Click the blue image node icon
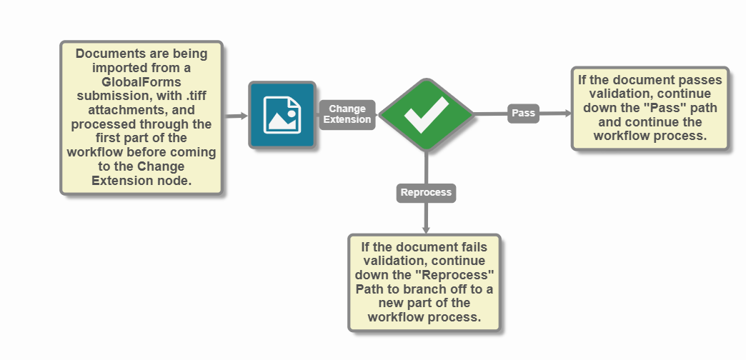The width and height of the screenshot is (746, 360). pyautogui.click(x=282, y=115)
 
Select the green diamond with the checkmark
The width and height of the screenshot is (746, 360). pyautogui.click(x=426, y=114)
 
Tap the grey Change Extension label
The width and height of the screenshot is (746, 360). pyautogui.click(x=347, y=114)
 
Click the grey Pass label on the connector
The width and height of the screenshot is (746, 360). pyautogui.click(x=523, y=113)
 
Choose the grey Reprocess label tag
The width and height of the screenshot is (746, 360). pyautogui.click(x=426, y=193)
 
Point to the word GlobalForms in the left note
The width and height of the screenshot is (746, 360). pyautogui.click(x=141, y=82)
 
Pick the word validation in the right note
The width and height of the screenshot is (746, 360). pyautogui.click(x=617, y=94)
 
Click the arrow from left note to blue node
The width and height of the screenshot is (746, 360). pyautogui.click(x=236, y=115)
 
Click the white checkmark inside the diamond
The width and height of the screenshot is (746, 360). pyautogui.click(x=426, y=114)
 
